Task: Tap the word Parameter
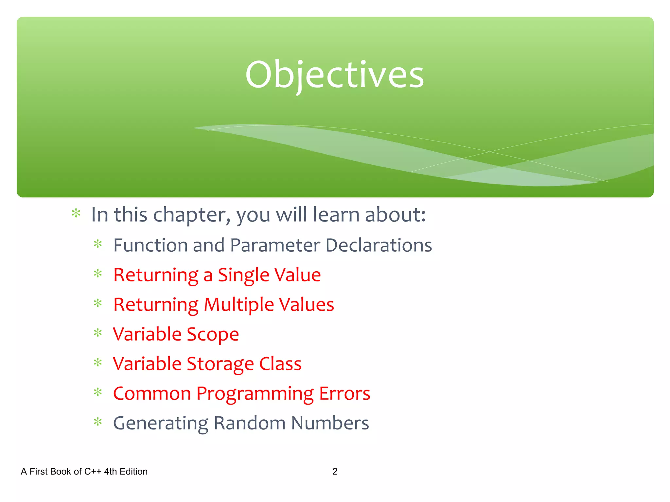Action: pyautogui.click(x=275, y=245)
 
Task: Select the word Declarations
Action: pyautogui.click(x=379, y=245)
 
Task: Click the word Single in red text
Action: pyautogui.click(x=243, y=275)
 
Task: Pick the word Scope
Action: pyautogui.click(x=213, y=335)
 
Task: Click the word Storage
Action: pyautogui.click(x=220, y=364)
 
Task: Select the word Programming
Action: pyautogui.click(x=255, y=394)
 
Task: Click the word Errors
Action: pyautogui.click(x=344, y=393)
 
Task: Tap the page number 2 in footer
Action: pyautogui.click(x=335, y=471)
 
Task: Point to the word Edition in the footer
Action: pyautogui.click(x=133, y=471)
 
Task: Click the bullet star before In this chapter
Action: pyautogui.click(x=76, y=213)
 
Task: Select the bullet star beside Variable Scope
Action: pyautogui.click(x=98, y=333)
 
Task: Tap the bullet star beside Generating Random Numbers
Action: pyautogui.click(x=98, y=422)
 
